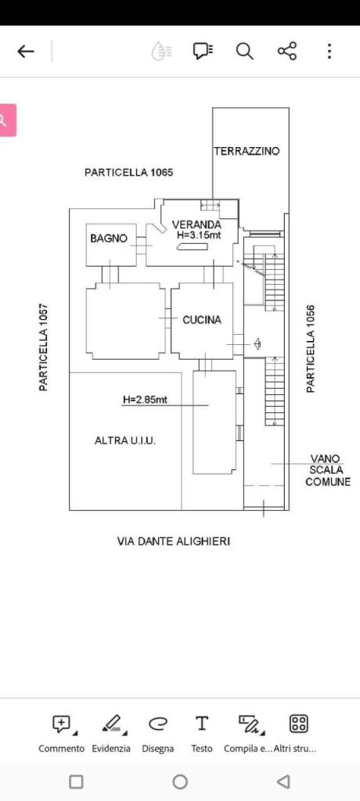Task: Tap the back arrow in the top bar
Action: pyautogui.click(x=26, y=51)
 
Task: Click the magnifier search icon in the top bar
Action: pyautogui.click(x=244, y=51)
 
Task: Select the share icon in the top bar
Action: pyautogui.click(x=287, y=51)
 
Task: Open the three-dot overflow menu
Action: pyautogui.click(x=329, y=51)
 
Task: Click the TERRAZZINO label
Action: pyautogui.click(x=247, y=151)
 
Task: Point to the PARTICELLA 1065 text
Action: pyautogui.click(x=129, y=173)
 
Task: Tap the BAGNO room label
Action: pyautogui.click(x=109, y=238)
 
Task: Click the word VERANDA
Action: pyautogui.click(x=197, y=224)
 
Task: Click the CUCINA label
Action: pyautogui.click(x=202, y=320)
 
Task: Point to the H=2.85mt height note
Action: pyautogui.click(x=145, y=400)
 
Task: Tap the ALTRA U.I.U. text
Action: pyautogui.click(x=125, y=440)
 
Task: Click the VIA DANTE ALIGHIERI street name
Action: pyautogui.click(x=174, y=541)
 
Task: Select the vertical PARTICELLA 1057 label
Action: pyautogui.click(x=44, y=347)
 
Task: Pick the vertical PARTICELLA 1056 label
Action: pyautogui.click(x=311, y=348)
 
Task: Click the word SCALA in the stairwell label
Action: pyautogui.click(x=326, y=470)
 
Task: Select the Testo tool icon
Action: pyautogui.click(x=202, y=724)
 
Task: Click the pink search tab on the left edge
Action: pyautogui.click(x=7, y=120)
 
